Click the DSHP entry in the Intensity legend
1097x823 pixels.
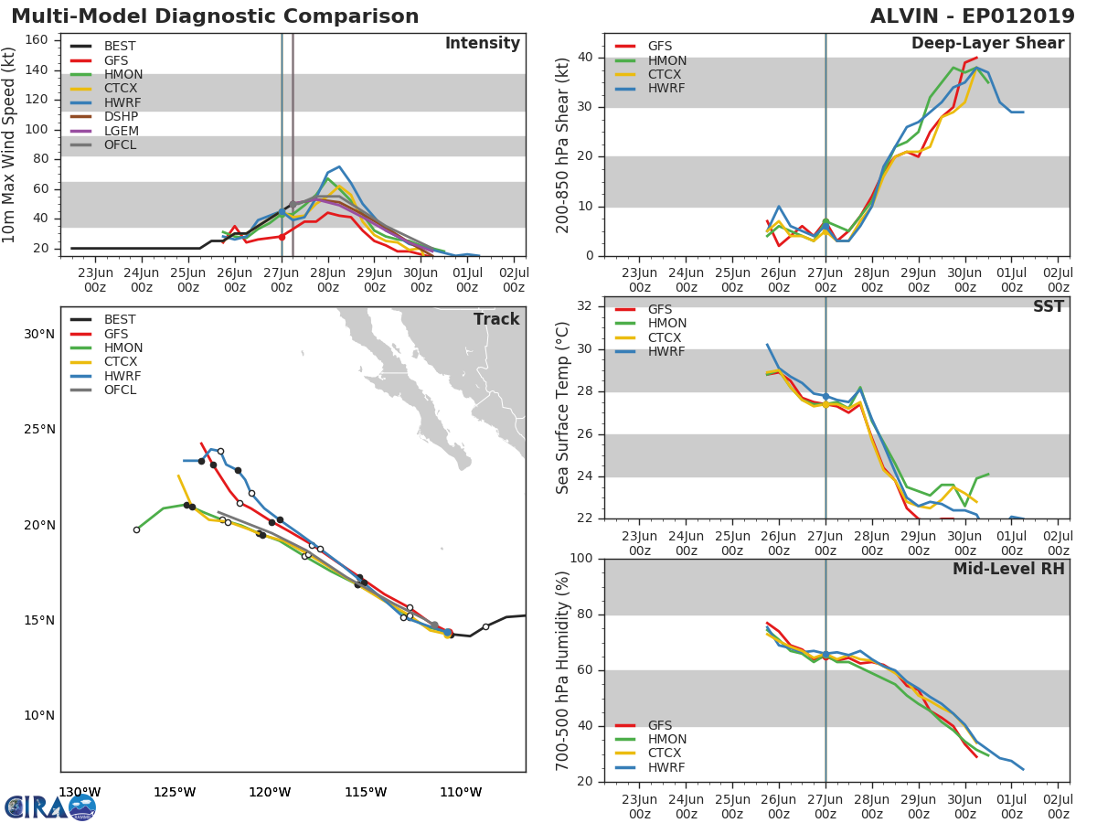pos(121,116)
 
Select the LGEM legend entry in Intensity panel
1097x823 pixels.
pos(121,131)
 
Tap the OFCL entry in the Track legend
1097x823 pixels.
pos(120,390)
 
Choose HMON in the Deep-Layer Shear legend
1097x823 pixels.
pos(667,60)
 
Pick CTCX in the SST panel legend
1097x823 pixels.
pos(665,337)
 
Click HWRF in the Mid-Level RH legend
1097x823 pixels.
pos(666,767)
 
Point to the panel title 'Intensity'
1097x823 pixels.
pos(483,43)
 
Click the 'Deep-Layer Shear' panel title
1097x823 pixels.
pos(987,44)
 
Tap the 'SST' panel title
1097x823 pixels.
pos(1048,306)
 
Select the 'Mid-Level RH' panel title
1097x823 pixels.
pos(1008,569)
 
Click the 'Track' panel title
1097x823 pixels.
pos(496,319)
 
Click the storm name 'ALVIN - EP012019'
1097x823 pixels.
pos(972,16)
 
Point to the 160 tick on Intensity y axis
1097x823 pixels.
pos(37,40)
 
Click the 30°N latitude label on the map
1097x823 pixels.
pos(39,334)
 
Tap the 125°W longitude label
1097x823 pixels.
pos(175,792)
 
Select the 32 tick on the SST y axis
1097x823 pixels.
pos(585,305)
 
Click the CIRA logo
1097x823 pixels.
pos(50,807)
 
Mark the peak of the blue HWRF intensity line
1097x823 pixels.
pos(339,167)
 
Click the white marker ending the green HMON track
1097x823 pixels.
pos(136,529)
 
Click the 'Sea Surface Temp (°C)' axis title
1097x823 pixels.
pos(562,408)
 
